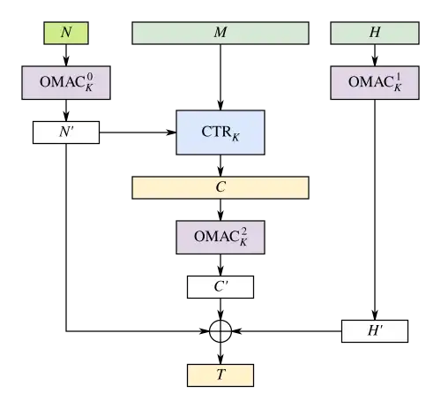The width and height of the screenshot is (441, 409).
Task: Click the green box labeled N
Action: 66,33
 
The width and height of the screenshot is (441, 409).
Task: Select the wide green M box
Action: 220,33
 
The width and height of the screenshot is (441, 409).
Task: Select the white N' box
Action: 66,133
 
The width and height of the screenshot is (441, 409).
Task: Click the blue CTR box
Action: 220,134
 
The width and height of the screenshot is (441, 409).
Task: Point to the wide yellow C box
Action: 220,187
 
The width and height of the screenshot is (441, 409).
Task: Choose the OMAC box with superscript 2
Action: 220,236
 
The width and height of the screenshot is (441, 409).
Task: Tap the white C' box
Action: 220,287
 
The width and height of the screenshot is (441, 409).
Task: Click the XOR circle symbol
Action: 220,331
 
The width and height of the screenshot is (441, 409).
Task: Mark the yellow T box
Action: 220,375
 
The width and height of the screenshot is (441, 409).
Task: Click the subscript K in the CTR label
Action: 235,139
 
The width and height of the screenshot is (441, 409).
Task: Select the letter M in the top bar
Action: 220,33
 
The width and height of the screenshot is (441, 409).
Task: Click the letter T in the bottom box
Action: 220,375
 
